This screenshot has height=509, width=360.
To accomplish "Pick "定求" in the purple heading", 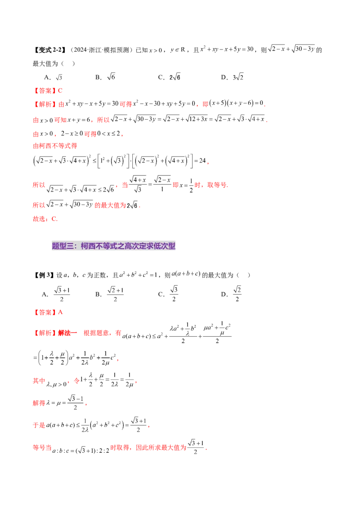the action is pyautogui.click(x=146, y=246).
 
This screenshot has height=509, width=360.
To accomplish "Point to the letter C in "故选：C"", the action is pyautogui.click(x=54, y=219).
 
